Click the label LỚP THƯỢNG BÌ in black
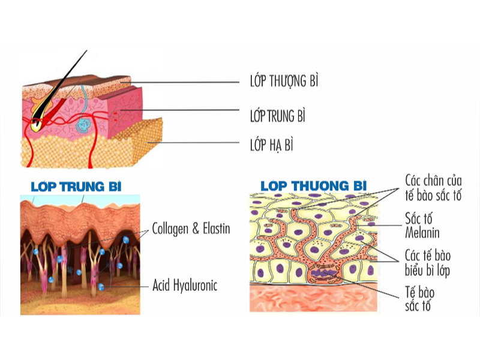(284, 81)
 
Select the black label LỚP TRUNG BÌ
(278, 116)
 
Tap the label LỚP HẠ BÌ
(272, 145)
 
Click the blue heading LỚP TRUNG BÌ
(76, 187)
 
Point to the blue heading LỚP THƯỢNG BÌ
(313, 185)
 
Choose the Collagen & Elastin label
(191, 229)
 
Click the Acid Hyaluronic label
(185, 286)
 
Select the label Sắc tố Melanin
(422, 226)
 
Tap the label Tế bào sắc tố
(419, 298)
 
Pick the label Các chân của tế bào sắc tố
(433, 188)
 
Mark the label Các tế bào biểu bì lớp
(428, 263)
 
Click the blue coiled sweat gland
(83, 125)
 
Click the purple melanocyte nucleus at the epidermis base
(325, 272)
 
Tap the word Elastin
(217, 229)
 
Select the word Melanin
(422, 233)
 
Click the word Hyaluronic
(196, 286)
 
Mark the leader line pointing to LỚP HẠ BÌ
(193, 143)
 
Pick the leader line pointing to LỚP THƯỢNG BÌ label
(179, 82)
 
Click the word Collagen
(170, 229)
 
